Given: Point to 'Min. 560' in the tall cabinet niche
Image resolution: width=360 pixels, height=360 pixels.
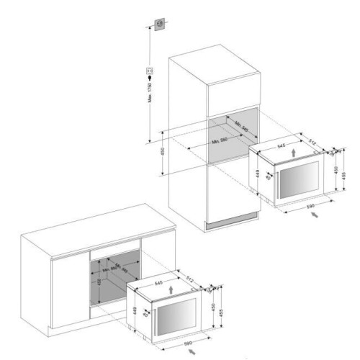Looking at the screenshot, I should (x=224, y=142).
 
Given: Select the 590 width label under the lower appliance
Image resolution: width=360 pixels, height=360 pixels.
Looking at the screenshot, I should (x=186, y=343).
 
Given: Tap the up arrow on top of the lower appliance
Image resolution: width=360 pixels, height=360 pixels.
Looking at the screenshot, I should (x=170, y=288).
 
